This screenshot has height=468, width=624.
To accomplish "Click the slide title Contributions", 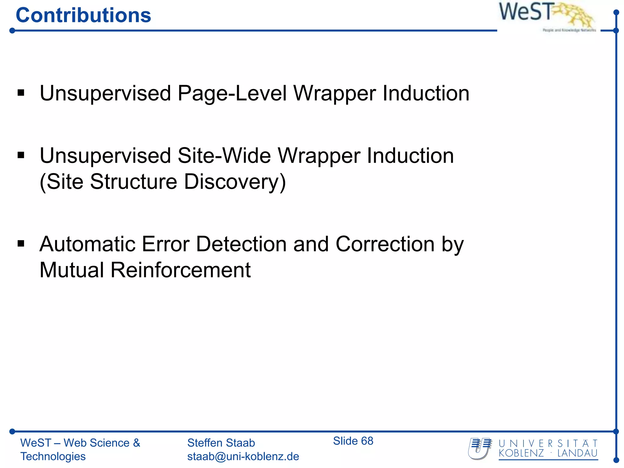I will point(83,15).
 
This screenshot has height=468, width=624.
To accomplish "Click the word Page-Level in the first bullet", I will point(232,93).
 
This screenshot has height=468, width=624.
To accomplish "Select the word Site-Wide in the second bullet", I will point(224,156).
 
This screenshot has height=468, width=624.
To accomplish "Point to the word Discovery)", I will point(235,182).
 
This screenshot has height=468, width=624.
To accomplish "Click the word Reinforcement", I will point(180,270).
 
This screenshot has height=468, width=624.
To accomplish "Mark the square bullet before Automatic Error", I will point(21,244).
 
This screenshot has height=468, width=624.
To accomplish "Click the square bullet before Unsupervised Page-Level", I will point(21,93).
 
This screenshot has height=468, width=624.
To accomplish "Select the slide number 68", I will point(367,441).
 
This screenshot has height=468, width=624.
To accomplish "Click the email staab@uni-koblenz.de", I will point(243,456).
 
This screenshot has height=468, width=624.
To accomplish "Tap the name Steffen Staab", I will point(221,443).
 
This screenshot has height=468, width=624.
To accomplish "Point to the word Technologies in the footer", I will point(53,456).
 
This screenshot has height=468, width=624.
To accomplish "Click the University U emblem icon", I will point(480,448).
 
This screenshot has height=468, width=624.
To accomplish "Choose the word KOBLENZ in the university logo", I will point(521,453).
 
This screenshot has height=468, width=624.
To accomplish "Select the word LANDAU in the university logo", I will point(577,453).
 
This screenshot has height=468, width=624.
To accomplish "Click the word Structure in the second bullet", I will point(133,182).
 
